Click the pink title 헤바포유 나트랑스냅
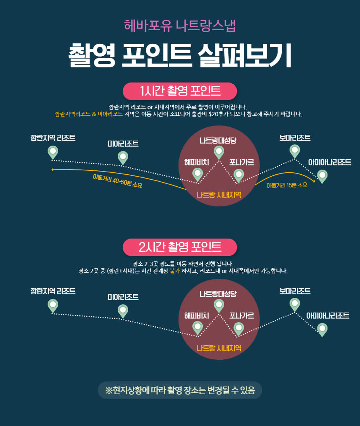(180, 26)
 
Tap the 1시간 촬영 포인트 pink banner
(180, 91)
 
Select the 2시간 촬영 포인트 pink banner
(180, 247)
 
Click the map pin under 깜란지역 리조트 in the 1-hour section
(53, 152)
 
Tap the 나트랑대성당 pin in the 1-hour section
(219, 151)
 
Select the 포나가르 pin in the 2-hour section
(239, 328)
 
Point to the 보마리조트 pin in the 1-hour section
(295, 150)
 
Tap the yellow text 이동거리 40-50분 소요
(117, 181)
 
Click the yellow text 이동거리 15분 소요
(287, 185)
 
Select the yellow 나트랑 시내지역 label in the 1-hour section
(219, 194)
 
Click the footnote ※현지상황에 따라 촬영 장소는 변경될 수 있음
(180, 390)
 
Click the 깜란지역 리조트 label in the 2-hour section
(53, 291)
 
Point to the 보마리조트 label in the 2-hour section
(295, 291)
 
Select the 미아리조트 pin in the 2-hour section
(123, 311)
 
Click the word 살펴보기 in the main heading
(244, 57)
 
